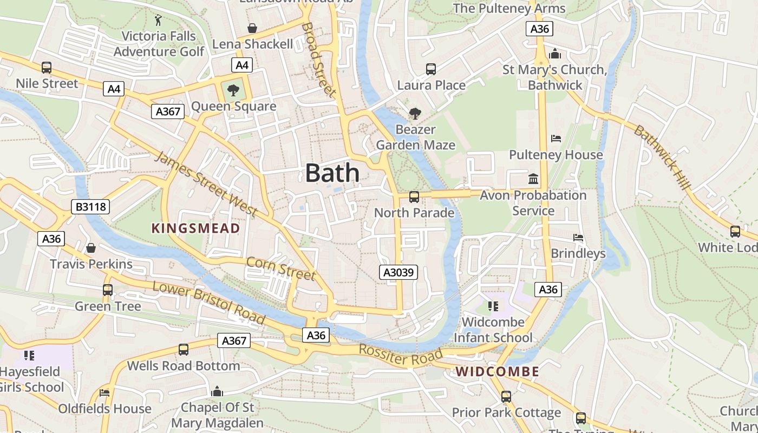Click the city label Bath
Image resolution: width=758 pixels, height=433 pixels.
(332, 173)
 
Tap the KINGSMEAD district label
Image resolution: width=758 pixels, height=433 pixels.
(195, 228)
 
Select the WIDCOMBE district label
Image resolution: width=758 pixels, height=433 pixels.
(497, 372)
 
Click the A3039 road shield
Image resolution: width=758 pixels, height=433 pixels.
(398, 272)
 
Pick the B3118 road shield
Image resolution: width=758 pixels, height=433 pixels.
(90, 206)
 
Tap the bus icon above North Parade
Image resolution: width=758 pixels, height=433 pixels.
(414, 197)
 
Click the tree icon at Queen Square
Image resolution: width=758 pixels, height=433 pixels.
(233, 90)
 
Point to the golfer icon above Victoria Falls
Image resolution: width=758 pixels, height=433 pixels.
(158, 20)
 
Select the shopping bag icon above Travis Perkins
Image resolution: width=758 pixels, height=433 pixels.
(91, 248)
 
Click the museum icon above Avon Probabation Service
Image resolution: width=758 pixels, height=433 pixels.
(533, 179)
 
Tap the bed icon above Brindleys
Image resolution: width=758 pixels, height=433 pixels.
(578, 238)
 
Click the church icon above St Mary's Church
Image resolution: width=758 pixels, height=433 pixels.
(554, 54)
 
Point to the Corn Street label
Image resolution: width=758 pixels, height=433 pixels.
(280, 268)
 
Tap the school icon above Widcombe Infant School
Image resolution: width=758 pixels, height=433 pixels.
(493, 306)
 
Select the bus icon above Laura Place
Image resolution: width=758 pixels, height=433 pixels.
(431, 69)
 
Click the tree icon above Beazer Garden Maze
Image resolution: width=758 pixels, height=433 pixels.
(415, 114)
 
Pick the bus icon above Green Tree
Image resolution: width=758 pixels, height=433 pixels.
(108, 290)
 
